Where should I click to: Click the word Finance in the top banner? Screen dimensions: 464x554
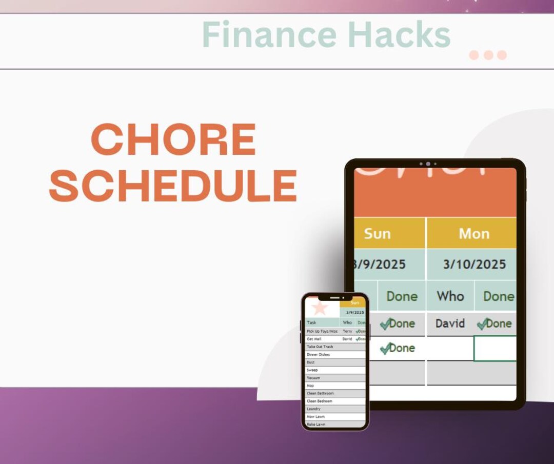coord(269,35)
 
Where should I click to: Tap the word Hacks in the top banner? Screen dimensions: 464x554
coord(399,35)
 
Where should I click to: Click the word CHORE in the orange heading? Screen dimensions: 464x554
coord(173,139)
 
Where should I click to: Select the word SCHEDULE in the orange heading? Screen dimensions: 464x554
coord(173,186)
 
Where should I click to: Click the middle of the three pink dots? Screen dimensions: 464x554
coord(488,55)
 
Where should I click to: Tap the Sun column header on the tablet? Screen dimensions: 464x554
coord(377,233)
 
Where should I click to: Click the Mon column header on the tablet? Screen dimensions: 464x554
coord(473,234)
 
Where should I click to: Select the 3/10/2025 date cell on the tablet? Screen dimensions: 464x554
coord(474,265)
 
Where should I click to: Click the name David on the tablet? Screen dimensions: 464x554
coord(450,324)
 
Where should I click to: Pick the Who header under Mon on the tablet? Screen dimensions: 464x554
coord(450,296)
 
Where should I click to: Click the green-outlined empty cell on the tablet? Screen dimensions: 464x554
coord(494,349)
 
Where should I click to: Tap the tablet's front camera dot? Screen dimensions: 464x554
coord(428,164)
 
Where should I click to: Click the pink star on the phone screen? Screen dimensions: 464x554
coord(320,308)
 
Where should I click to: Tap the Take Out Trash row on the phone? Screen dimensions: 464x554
coord(320,347)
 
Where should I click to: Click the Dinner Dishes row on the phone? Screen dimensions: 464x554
coord(319,354)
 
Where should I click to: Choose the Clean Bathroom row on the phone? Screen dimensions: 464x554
coord(320,393)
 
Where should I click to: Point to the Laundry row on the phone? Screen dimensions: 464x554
coord(314,409)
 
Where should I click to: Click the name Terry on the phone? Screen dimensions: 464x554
coord(347,331)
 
